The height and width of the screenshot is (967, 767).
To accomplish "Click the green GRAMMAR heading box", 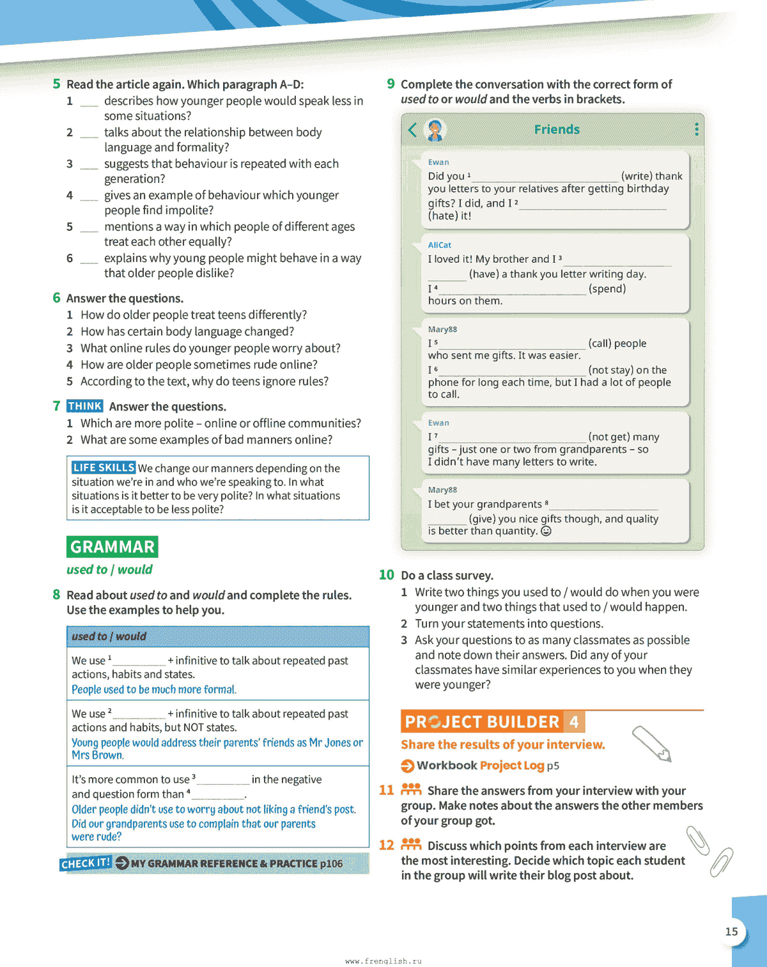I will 112,547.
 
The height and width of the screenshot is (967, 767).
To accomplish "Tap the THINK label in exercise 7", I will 84,406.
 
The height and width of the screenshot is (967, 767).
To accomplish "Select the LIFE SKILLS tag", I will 103,468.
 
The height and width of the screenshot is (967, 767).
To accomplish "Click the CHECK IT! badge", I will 86,863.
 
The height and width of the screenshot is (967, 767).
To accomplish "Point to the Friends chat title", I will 557,130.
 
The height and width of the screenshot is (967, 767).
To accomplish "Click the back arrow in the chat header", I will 412,130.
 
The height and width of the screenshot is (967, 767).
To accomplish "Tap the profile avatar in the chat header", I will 435,130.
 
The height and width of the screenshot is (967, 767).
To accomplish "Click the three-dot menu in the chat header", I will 696,129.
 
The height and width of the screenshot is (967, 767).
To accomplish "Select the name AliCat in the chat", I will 439,245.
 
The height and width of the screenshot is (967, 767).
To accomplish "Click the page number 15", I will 731,932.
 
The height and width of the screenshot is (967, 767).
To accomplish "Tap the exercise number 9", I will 391,84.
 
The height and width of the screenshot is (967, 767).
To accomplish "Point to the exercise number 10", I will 386,575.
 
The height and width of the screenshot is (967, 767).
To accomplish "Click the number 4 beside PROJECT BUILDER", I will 574,722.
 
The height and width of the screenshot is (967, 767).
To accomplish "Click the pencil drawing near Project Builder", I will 651,744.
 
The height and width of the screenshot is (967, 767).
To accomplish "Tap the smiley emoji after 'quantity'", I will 546,531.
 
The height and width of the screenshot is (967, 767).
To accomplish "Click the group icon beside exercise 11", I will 411,789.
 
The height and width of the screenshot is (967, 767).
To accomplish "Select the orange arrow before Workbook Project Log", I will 407,766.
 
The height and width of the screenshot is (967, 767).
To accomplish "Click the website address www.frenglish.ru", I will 383,961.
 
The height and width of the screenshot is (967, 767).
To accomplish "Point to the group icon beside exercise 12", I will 411,844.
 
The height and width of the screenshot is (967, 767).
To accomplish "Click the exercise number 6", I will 56,298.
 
